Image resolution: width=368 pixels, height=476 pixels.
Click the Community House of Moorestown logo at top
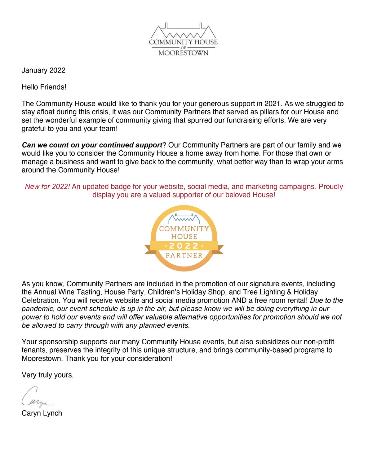pyautogui.click(x=183, y=39)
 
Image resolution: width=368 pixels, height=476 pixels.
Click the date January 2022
pyautogui.click(x=43, y=70)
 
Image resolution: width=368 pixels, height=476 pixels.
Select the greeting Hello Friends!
pyautogui.click(x=44, y=87)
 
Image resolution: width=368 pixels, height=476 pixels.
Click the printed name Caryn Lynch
pyautogui.click(x=42, y=413)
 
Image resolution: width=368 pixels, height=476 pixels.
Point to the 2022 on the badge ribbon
pyautogui.click(x=184, y=246)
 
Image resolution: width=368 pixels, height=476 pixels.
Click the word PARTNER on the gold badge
pyautogui.click(x=184, y=256)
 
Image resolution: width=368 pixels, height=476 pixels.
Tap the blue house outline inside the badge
pyautogui.click(x=184, y=218)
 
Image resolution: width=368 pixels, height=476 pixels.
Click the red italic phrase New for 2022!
pyautogui.click(x=47, y=187)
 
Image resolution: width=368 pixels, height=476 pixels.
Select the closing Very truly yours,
pyautogui.click(x=48, y=375)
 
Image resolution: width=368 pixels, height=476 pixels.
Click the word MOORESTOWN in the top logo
pyautogui.click(x=183, y=53)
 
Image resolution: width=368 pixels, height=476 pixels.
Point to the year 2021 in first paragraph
pyautogui.click(x=273, y=104)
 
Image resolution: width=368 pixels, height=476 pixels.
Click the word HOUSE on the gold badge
pyautogui.click(x=184, y=236)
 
